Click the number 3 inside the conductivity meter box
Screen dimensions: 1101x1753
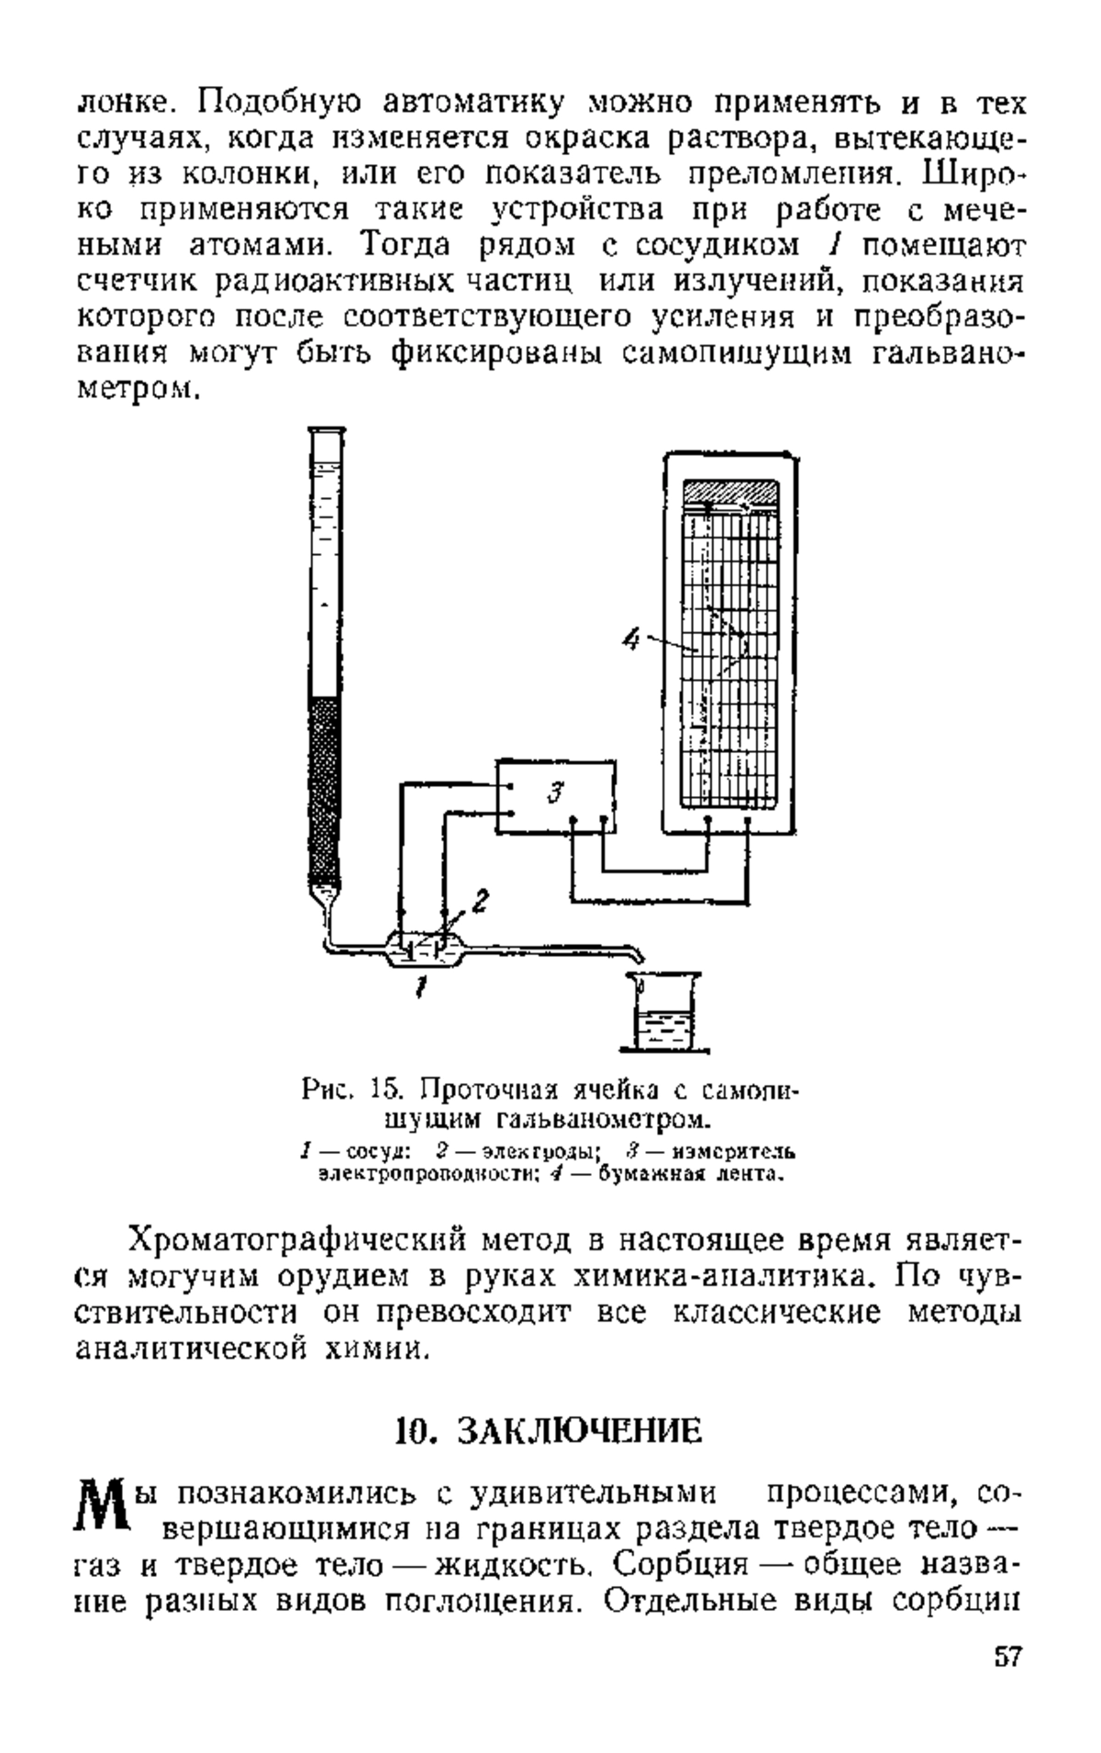[553, 792]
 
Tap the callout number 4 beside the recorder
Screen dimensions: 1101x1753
[630, 639]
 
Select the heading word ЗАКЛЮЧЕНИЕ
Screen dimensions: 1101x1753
[580, 1431]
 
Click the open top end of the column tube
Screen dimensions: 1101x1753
[327, 431]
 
